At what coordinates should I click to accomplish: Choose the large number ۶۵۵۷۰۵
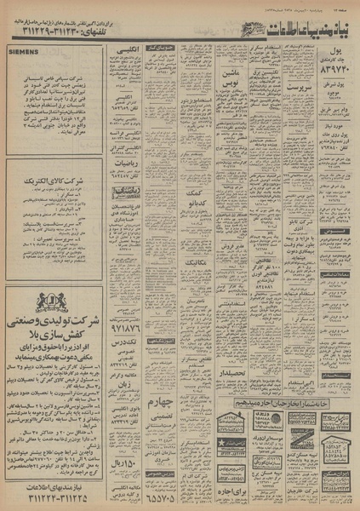pyautogui.click(x=163, y=491)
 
